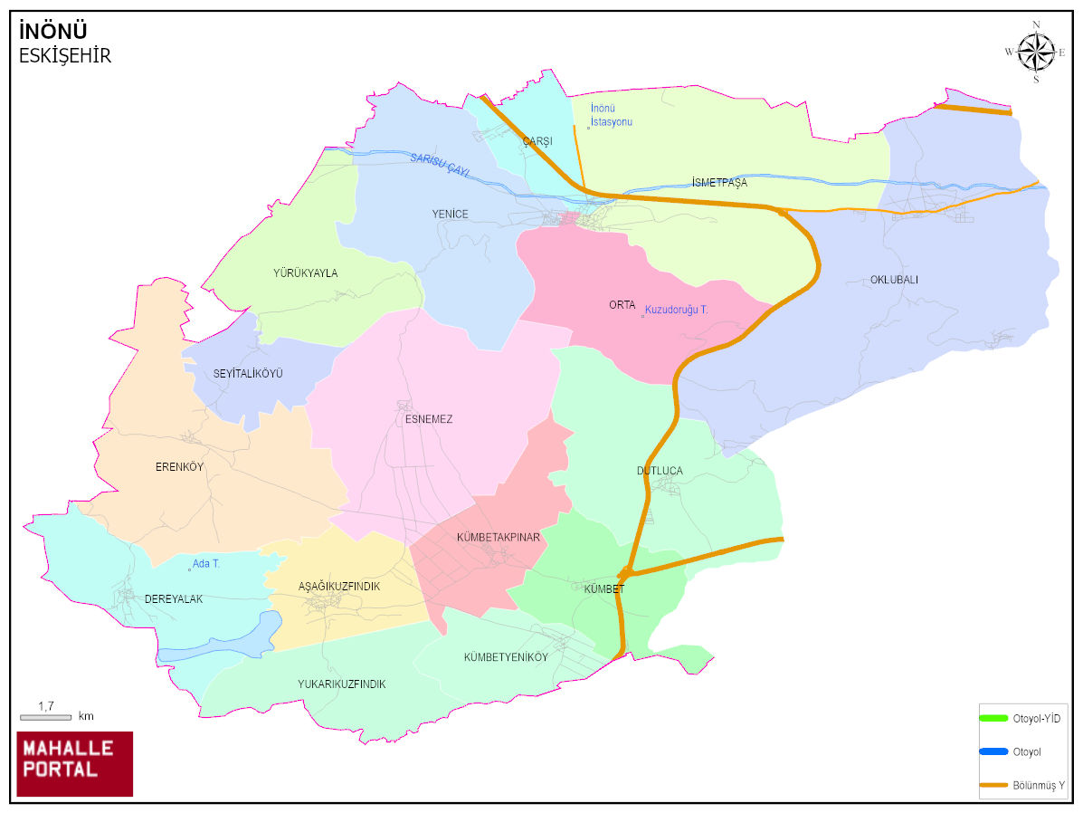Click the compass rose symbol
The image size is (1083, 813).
point(1036,52)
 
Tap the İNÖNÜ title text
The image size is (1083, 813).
point(52,33)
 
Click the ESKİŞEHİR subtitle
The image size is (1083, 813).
point(64,56)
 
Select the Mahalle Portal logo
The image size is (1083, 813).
point(75,763)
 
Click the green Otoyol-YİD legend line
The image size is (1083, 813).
point(993,718)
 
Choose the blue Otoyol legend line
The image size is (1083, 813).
point(993,751)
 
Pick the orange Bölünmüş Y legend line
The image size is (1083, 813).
point(993,784)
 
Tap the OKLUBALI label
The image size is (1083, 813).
point(894,280)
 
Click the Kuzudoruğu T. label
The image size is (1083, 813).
point(676,310)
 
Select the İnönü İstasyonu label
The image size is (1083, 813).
point(612,115)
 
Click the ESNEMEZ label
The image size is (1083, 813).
point(429,419)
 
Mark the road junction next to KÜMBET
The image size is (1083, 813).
point(624,573)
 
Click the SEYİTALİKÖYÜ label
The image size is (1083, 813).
point(248,373)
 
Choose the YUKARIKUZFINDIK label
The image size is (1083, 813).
point(341,684)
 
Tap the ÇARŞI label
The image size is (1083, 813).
point(537,141)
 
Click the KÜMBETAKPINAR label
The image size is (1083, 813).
point(498,537)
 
